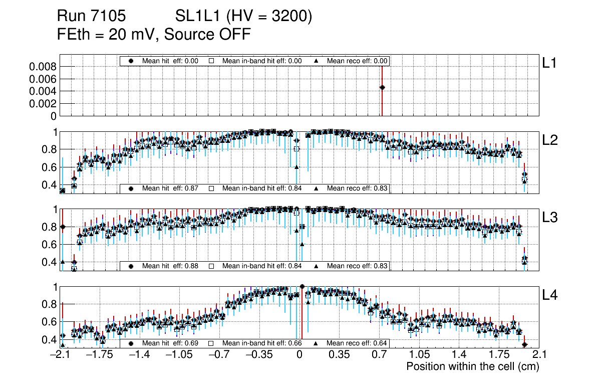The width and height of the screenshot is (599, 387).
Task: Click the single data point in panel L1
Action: pyautogui.click(x=382, y=87)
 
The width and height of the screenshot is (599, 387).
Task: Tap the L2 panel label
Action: pyautogui.click(x=550, y=140)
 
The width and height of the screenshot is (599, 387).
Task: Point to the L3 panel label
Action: pyautogui.click(x=550, y=218)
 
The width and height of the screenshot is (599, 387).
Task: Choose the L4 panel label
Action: pyautogui.click(x=550, y=295)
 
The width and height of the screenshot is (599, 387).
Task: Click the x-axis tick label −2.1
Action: pyautogui.click(x=60, y=355)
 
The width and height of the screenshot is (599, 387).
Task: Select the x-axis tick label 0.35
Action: pyautogui.click(x=339, y=355)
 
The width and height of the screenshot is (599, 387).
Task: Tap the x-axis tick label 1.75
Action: pyautogui.click(x=499, y=355)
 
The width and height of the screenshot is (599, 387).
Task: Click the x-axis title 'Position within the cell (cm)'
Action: pyautogui.click(x=472, y=366)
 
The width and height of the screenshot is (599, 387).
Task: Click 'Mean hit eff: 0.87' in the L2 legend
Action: pyautogui.click(x=170, y=188)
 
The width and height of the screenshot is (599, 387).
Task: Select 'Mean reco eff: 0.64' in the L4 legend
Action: pyautogui.click(x=357, y=343)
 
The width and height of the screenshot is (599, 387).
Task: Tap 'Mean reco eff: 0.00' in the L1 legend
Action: pyautogui.click(x=357, y=61)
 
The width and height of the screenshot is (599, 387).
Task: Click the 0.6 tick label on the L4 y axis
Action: pyautogui.click(x=49, y=322)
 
